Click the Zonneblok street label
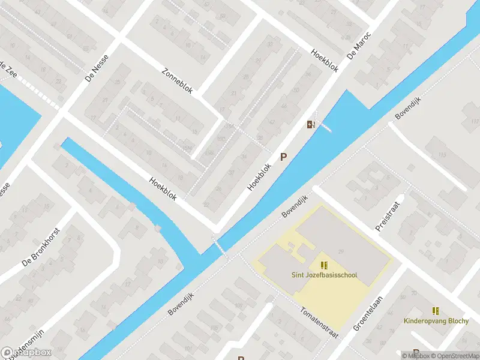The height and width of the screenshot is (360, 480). point(177,80)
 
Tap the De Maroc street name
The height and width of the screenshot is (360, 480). point(359,46)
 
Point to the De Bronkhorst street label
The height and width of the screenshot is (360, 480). point(41,246)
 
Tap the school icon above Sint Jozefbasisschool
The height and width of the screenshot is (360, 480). point(324,265)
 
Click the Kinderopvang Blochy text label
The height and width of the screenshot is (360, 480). point(436,321)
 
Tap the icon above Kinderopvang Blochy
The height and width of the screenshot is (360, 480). point(436,310)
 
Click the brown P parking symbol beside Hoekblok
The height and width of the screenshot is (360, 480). point(284,157)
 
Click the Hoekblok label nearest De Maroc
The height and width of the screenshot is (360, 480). point(325,61)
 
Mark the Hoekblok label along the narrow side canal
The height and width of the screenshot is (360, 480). point(163,189)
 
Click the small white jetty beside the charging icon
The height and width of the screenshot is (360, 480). point(325,127)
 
